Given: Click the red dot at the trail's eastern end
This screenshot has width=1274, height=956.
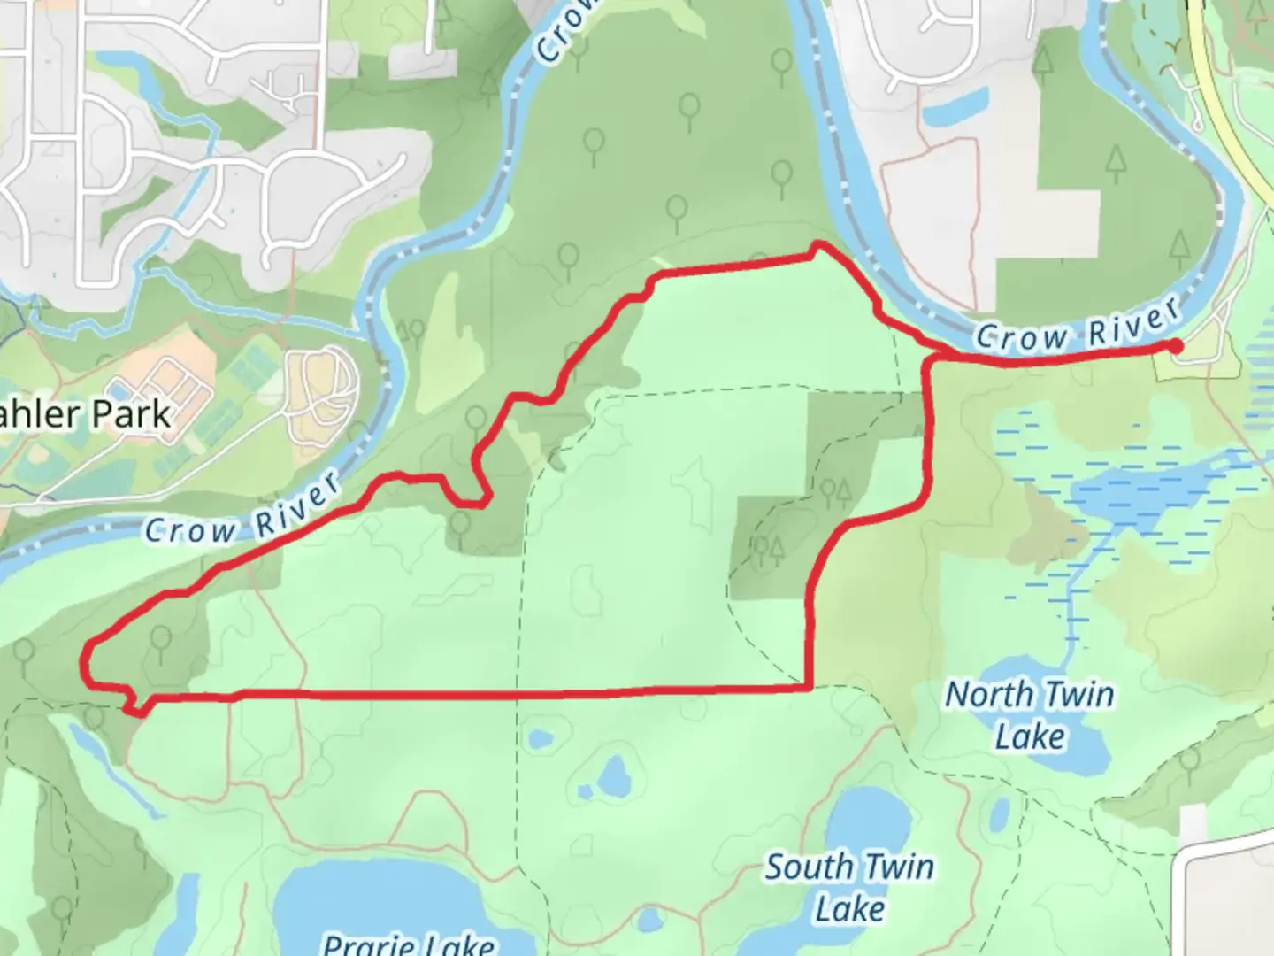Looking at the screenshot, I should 1175,346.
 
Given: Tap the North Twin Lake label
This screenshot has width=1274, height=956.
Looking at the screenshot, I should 1030,715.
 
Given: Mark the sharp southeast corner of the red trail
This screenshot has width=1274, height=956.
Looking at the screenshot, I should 810,687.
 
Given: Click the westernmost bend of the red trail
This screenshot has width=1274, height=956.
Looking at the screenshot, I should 86,662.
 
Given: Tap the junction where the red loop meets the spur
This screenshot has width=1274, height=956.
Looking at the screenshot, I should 927,358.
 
